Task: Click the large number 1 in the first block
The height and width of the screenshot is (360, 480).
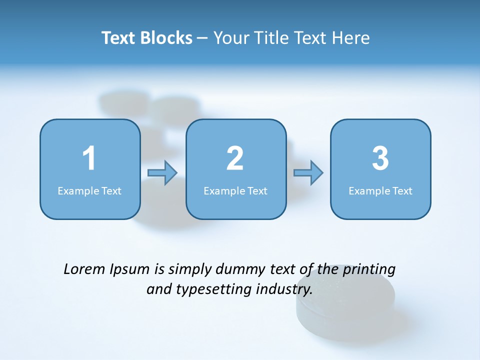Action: [89, 158]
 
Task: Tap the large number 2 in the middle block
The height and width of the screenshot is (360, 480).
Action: [235, 158]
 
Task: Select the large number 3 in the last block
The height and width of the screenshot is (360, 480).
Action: [380, 158]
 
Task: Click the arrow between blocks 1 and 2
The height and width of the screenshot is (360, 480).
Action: [162, 173]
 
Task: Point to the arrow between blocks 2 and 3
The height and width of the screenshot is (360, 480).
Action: [308, 173]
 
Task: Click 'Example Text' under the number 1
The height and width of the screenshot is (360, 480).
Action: [89, 190]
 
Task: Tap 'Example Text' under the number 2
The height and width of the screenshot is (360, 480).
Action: [235, 190]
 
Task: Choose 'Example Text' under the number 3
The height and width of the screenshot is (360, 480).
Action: [380, 190]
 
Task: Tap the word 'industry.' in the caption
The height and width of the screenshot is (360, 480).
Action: [284, 289]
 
